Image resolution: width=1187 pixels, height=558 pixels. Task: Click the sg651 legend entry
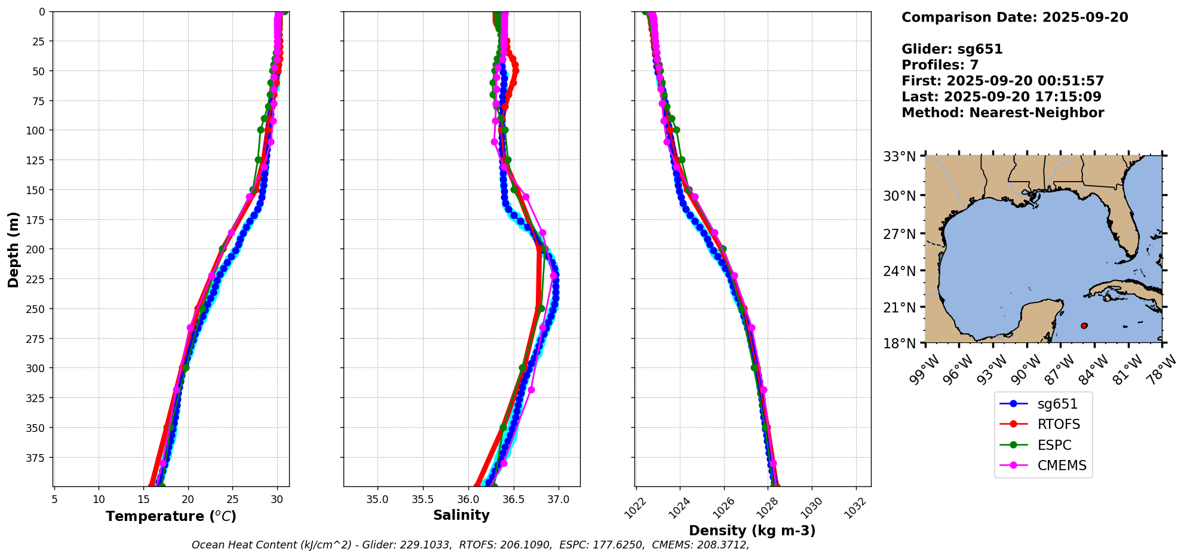tap(1057, 404)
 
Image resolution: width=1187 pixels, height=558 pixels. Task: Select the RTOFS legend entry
tap(1059, 425)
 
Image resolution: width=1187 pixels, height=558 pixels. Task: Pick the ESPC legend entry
tap(1054, 445)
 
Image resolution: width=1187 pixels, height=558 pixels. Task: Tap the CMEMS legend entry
tap(1062, 466)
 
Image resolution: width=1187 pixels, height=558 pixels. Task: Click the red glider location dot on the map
tap(1084, 326)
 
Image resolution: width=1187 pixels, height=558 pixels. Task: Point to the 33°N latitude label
tap(900, 157)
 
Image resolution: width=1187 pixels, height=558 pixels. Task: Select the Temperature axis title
tap(171, 516)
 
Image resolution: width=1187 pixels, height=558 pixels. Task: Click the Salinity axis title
tap(461, 516)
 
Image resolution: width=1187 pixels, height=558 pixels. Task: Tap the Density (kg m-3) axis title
tap(752, 531)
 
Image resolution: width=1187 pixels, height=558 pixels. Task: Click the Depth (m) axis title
tap(14, 249)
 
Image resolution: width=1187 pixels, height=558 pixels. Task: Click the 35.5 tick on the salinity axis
tap(423, 499)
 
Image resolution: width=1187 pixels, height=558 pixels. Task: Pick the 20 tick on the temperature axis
tap(188, 499)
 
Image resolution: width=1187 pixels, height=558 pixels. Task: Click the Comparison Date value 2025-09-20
tap(1085, 17)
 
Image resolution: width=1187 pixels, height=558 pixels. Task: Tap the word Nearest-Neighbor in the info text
tap(1037, 113)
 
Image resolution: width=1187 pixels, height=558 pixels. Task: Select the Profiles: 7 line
tap(940, 65)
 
